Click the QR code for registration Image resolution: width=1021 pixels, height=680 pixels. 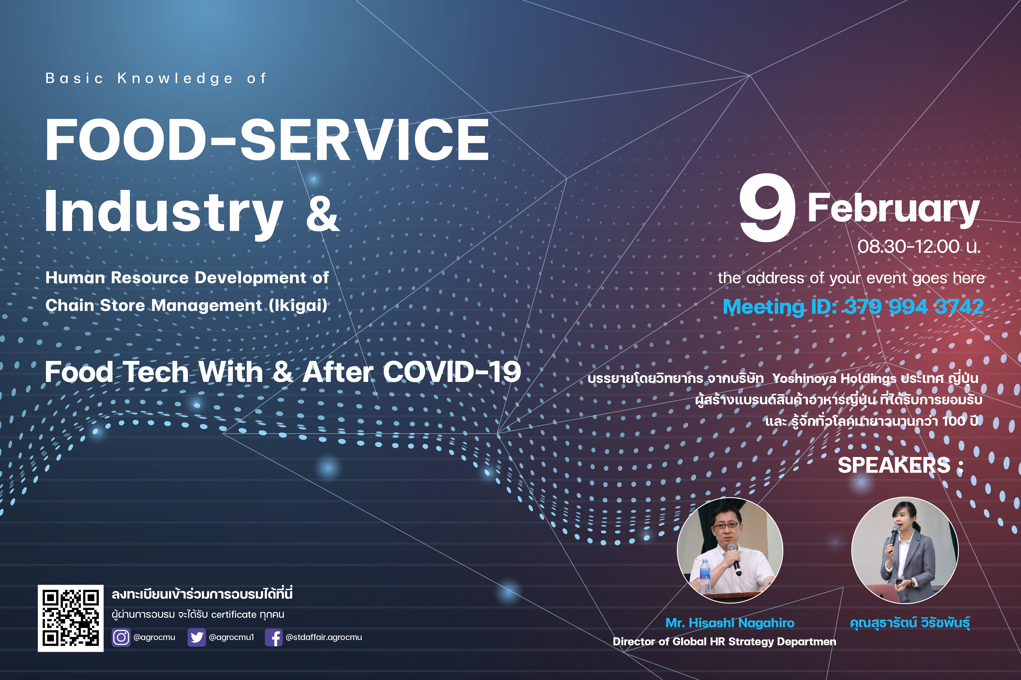pos(71,618)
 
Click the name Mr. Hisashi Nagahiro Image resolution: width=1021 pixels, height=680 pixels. pos(730,623)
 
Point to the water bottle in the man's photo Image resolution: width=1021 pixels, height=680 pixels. pos(706,577)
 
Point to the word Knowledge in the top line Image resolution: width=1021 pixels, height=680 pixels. pos(175,79)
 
